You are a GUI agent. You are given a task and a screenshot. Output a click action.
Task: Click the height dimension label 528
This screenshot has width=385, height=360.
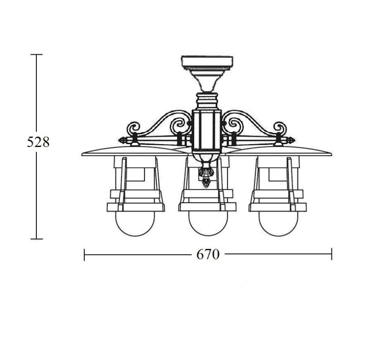(38, 142)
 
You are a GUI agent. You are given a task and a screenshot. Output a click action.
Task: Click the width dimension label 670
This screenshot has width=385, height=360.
(208, 254)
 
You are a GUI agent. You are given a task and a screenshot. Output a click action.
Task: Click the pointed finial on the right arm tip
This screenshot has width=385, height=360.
(291, 141)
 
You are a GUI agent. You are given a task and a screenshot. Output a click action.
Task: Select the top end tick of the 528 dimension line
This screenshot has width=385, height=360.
(37, 54)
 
